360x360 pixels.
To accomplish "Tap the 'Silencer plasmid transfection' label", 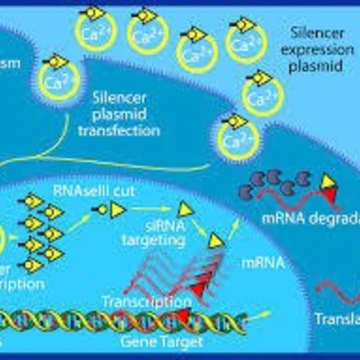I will (x=119, y=114).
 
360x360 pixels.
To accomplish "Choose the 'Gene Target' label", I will (x=162, y=342).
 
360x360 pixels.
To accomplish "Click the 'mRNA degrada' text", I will (x=311, y=219).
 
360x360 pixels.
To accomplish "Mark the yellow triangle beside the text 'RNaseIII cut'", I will (x=118, y=209).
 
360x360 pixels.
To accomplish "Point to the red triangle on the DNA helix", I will (x=184, y=316).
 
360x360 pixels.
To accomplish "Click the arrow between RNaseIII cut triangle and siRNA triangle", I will (x=153, y=209).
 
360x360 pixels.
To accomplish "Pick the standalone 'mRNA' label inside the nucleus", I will (x=263, y=262).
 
